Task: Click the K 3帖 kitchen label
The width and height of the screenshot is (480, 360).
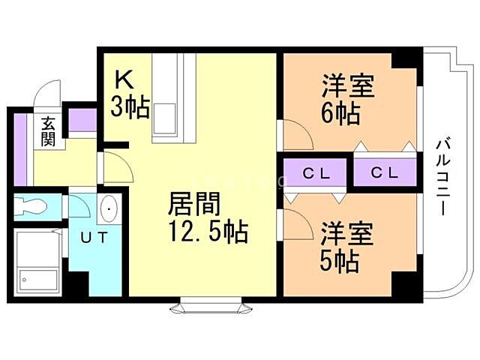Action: pyautogui.click(x=129, y=94)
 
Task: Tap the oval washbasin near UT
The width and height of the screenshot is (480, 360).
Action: pyautogui.click(x=109, y=208)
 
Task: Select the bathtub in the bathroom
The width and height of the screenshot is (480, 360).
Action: pyautogui.click(x=37, y=262)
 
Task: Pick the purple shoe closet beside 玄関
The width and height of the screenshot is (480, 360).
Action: pyautogui.click(x=82, y=120)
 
